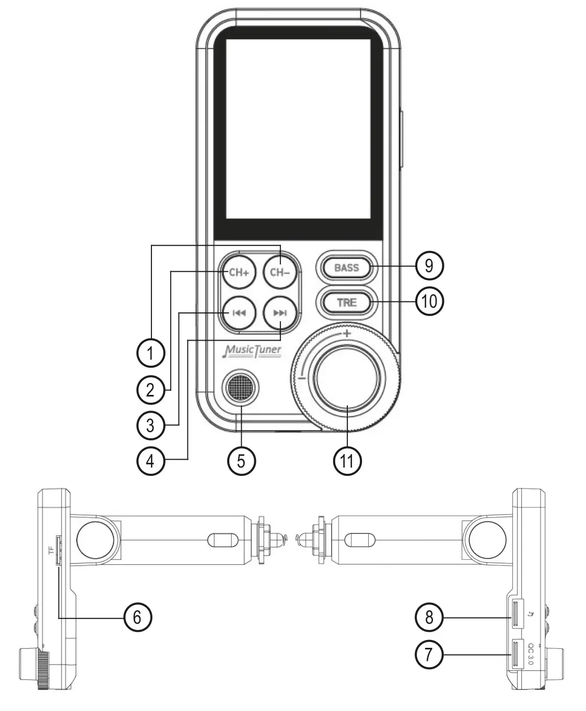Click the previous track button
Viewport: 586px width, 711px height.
[239, 313]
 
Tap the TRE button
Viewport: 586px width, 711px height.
[347, 302]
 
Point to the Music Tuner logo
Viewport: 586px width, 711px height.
[252, 351]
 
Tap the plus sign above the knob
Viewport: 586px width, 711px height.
[347, 333]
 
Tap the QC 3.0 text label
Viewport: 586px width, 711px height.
[531, 654]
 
